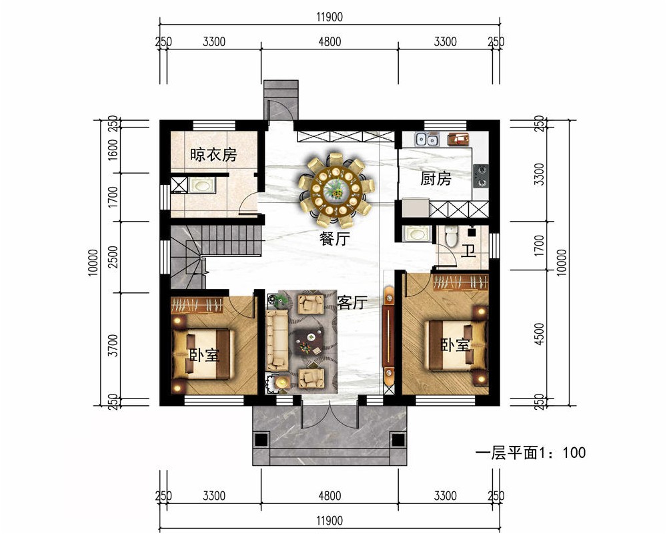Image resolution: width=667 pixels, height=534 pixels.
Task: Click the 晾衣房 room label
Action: click(x=213, y=155)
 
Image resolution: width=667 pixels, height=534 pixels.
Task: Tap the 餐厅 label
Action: click(x=335, y=239)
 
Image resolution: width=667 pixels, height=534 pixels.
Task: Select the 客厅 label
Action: click(x=352, y=302)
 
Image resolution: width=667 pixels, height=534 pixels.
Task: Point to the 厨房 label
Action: click(x=436, y=179)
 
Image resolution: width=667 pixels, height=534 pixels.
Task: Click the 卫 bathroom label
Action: click(x=468, y=251)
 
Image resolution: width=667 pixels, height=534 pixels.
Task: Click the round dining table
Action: click(x=336, y=189)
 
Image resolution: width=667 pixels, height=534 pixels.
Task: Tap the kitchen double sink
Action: click(x=427, y=140)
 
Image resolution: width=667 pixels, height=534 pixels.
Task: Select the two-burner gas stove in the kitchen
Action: click(x=481, y=176)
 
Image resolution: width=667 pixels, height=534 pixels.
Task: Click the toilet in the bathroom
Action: click(x=450, y=236)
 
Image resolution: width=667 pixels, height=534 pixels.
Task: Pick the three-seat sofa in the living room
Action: click(x=277, y=340)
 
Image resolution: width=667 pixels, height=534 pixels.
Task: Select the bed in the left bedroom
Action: click(x=203, y=354)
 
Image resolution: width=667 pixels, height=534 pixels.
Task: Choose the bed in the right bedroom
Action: click(x=458, y=345)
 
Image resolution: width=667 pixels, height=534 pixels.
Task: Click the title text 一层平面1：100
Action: click(x=530, y=453)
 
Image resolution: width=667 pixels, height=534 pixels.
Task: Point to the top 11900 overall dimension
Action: click(x=329, y=17)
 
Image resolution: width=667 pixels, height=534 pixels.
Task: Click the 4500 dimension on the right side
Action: click(x=539, y=334)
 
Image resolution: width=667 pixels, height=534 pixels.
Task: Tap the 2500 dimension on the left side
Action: click(x=113, y=257)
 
